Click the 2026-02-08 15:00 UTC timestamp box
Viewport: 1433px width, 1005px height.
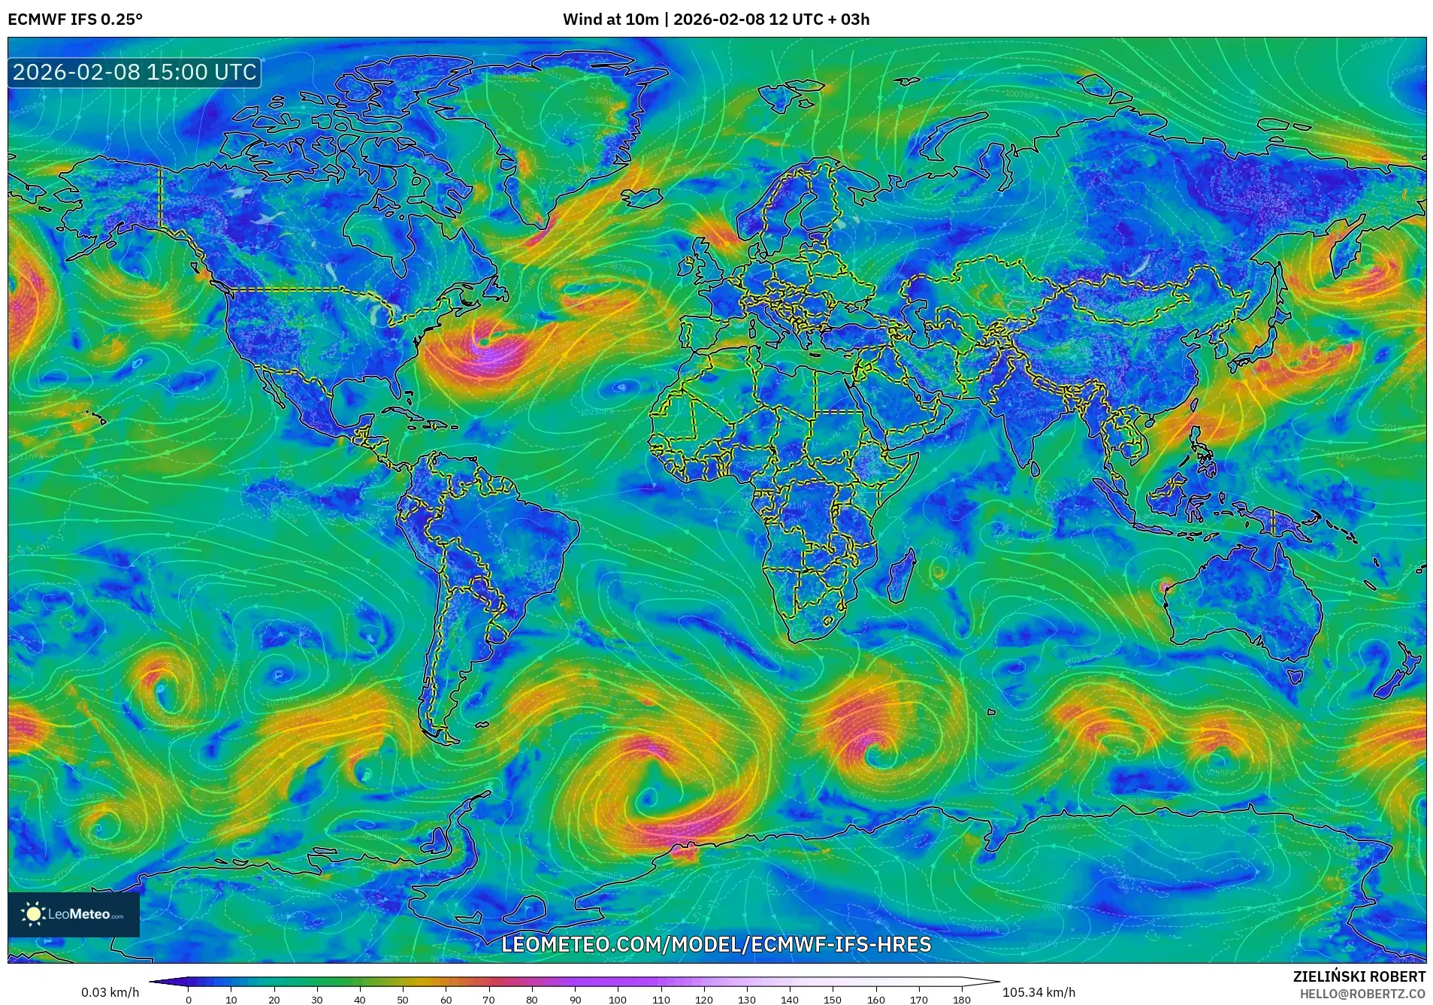coord(135,72)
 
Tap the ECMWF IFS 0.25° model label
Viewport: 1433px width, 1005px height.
coord(75,19)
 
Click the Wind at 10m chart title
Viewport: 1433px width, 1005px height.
coord(715,19)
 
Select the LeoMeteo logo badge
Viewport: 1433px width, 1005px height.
coord(74,914)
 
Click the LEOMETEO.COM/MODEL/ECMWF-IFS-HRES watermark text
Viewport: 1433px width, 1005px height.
coord(715,944)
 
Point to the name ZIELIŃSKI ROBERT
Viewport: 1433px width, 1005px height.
coord(1359,976)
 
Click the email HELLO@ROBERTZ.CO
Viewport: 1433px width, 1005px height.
coord(1362,994)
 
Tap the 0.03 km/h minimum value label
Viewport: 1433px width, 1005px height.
coord(110,992)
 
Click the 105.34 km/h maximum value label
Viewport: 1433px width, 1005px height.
coord(1038,992)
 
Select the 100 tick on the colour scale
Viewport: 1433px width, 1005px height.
coord(618,999)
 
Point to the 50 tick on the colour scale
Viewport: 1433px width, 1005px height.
coord(403,999)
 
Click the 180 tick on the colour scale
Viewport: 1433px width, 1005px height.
coord(961,999)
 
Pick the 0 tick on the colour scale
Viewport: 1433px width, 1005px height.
coord(189,999)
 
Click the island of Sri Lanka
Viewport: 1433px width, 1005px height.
coord(1035,468)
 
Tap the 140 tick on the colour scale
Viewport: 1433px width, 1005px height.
coord(789,999)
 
